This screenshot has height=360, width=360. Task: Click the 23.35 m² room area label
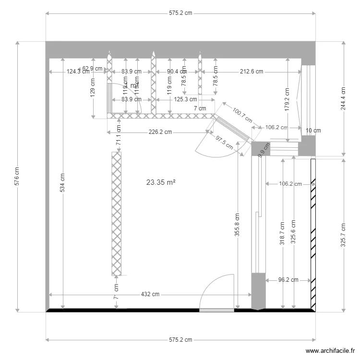tap(161, 182)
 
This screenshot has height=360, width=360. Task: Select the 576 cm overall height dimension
tap(17, 176)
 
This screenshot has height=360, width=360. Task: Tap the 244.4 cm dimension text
tap(343, 99)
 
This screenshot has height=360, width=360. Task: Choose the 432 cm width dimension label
tap(150, 294)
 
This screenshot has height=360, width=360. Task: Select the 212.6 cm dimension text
tap(252, 72)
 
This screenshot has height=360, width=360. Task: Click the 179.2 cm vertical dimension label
tap(287, 100)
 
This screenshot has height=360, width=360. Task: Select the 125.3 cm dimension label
tap(185, 99)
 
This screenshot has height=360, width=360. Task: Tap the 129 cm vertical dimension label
tap(93, 89)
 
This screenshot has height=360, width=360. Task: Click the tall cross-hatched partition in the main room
tap(116, 214)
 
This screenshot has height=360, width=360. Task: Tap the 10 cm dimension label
tap(313, 131)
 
